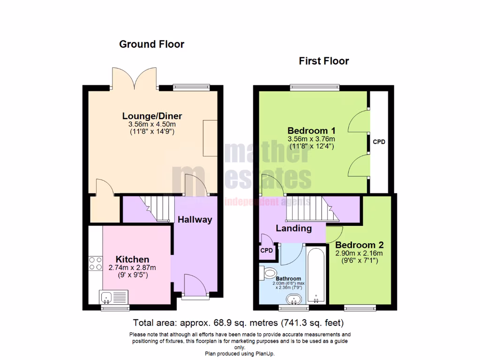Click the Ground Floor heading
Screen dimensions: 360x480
151,45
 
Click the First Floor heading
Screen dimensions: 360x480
324,61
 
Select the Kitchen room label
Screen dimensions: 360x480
133,259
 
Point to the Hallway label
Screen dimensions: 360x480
195,219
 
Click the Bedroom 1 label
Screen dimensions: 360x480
311,130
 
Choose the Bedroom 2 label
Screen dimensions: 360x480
360,245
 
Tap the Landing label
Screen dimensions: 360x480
293,228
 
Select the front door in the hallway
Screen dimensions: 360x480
194,286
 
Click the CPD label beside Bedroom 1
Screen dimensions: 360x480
379,142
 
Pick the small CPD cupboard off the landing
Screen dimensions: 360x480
267,250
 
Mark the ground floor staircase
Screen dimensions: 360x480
157,208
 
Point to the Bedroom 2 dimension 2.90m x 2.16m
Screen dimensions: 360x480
359,254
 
